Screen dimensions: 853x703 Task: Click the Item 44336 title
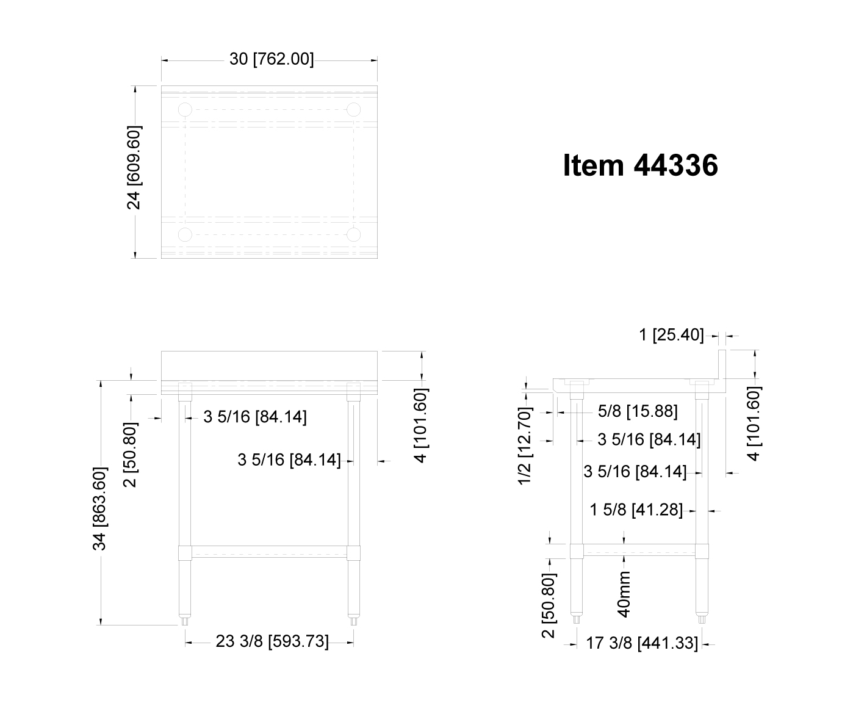click(x=640, y=165)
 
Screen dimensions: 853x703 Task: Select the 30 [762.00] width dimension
click(x=272, y=59)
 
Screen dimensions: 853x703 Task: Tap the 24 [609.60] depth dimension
click(x=134, y=168)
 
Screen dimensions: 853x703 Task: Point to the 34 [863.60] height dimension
click(x=99, y=508)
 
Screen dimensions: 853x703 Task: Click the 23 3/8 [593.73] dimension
click(x=272, y=641)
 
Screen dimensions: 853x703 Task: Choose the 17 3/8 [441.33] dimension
click(x=642, y=643)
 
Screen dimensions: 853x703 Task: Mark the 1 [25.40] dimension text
click(x=671, y=335)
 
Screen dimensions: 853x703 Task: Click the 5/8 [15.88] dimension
click(x=638, y=411)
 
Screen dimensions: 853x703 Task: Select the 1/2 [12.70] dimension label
click(x=525, y=446)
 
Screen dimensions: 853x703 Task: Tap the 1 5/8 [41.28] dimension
click(x=636, y=510)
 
